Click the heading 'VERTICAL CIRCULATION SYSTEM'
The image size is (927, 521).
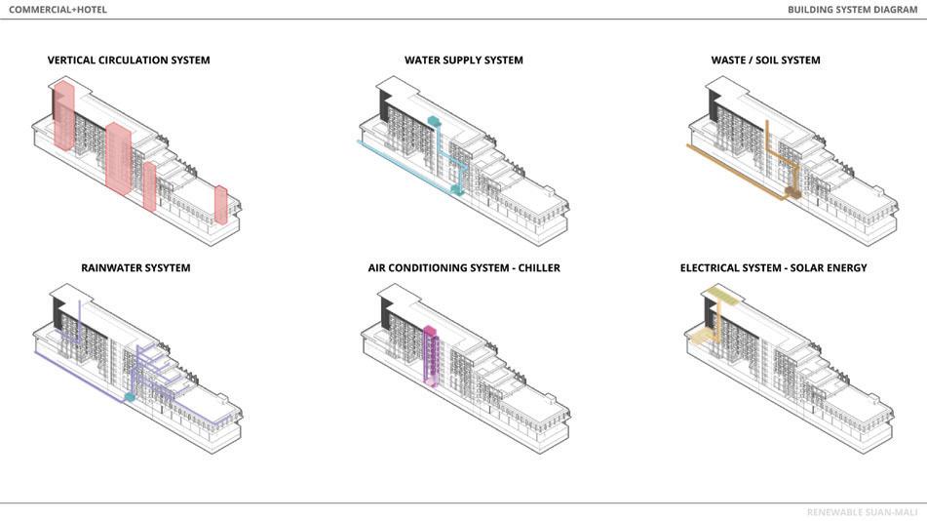129,60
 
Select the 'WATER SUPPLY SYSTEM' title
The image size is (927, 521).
463,60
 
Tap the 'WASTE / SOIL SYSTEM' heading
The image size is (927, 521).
765,60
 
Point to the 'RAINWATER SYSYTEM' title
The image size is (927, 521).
135,268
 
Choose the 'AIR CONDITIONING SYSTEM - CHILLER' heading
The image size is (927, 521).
463,268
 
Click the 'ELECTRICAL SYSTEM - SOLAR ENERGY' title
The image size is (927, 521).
773,268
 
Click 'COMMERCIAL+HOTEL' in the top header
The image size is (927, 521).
58,10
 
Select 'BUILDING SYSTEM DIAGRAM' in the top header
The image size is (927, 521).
852,10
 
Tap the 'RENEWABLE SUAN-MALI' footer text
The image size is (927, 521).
862,512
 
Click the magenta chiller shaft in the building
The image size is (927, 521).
430,356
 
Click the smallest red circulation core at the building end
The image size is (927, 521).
221,205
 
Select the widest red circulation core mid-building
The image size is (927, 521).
120,158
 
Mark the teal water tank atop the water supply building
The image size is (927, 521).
435,123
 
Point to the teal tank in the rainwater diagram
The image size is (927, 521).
129,397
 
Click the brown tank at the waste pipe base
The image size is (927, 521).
793,191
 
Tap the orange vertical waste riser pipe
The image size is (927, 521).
767,146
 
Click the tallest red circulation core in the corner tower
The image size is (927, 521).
64,115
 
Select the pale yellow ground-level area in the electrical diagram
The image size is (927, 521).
701,338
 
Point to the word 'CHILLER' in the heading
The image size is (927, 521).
538,268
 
